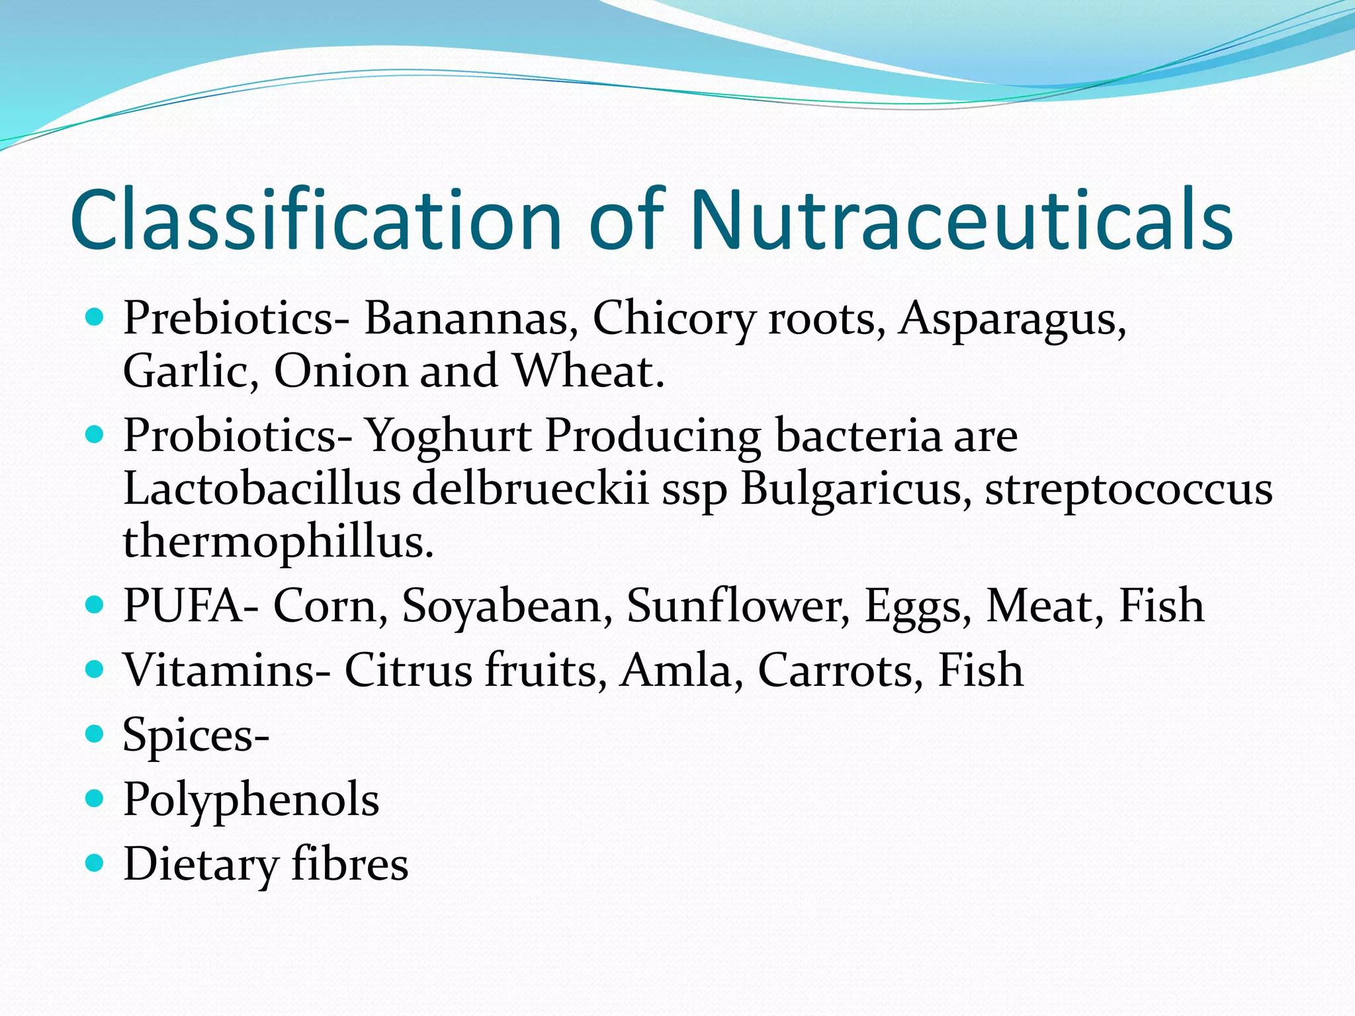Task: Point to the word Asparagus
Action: (1012, 319)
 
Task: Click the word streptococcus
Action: (1129, 490)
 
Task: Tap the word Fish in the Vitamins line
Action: (981, 670)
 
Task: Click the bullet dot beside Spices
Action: (95, 734)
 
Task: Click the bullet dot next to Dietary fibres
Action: (95, 863)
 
